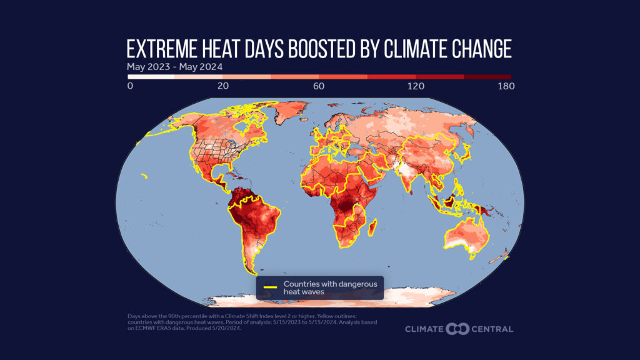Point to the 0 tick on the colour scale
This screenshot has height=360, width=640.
coord(130,86)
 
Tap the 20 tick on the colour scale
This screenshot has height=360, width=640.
coord(223,86)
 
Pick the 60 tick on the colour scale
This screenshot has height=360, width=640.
coord(318,86)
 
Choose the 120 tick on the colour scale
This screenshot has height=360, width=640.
coord(416,86)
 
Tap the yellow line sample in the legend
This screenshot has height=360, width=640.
coord(271,288)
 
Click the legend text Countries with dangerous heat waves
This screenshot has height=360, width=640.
coord(331,288)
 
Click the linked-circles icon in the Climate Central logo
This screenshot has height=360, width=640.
coord(457,329)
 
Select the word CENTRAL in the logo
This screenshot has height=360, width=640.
coord(493,329)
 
